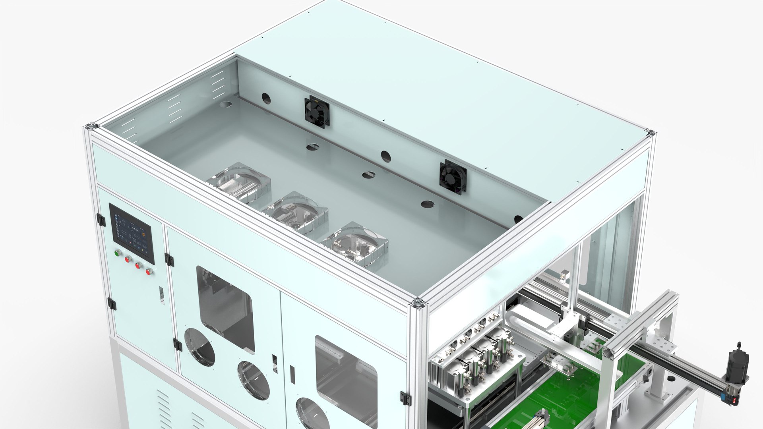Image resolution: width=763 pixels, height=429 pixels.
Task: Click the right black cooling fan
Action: pyautogui.click(x=453, y=177)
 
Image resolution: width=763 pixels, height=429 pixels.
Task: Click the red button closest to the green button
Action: pyautogui.click(x=128, y=259)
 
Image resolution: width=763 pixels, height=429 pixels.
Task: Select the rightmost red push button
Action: pyautogui.click(x=149, y=272)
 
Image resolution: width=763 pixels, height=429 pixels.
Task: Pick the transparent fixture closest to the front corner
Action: pyautogui.click(x=355, y=243)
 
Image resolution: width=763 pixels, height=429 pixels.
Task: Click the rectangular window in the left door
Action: pyautogui.click(x=225, y=308)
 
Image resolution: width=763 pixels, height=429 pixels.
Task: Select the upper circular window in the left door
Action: pyautogui.click(x=199, y=347)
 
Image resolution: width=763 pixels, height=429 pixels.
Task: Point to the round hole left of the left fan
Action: pyautogui.click(x=266, y=99)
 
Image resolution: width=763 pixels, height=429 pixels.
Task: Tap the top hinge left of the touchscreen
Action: pyautogui.click(x=101, y=220)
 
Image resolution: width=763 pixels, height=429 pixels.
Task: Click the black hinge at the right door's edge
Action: pyautogui.click(x=405, y=398)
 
